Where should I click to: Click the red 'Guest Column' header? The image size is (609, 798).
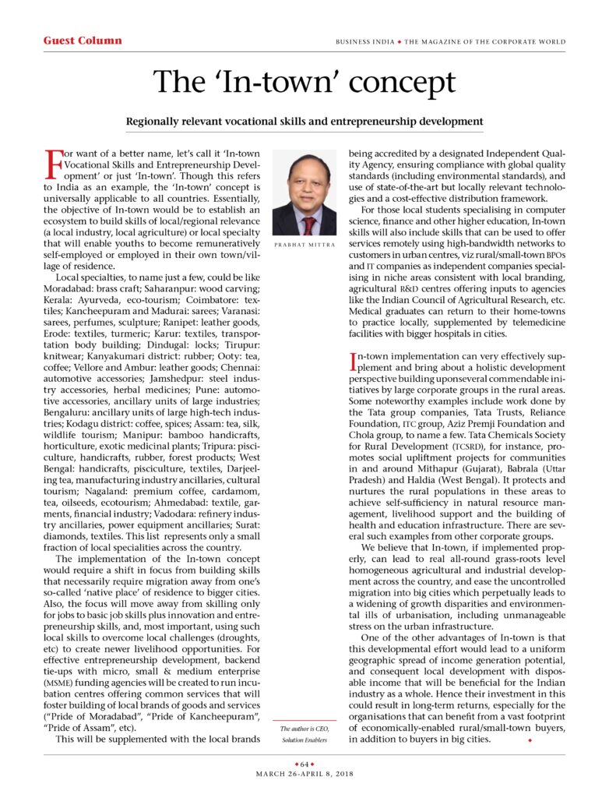coord(83,41)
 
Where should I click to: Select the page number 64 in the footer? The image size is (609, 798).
coord(304,764)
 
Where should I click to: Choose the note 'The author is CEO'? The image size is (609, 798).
coord(304,729)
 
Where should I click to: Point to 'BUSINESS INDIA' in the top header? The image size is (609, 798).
coord(364,41)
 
